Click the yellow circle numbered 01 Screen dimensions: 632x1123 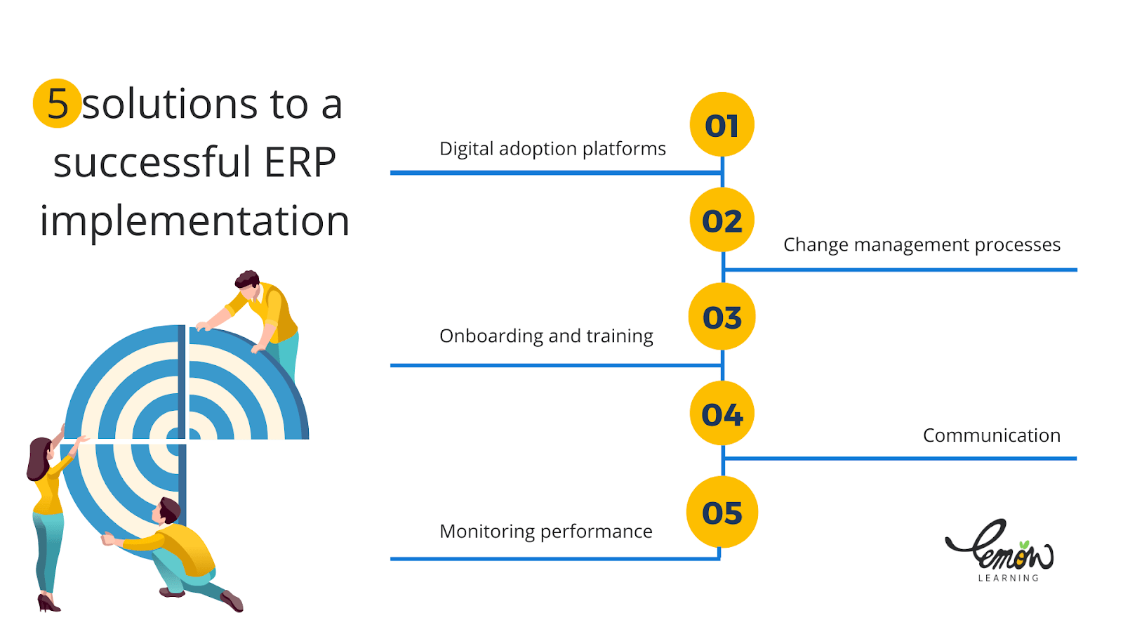[722, 125]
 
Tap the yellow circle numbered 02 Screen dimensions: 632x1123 [722, 220]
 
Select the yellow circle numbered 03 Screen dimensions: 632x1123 [722, 317]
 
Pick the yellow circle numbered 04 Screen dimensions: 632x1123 [722, 414]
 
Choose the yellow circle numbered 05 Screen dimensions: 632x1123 [722, 512]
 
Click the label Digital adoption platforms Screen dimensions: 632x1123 [552, 149]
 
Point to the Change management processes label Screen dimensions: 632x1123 [922, 244]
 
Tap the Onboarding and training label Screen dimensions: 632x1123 [546, 336]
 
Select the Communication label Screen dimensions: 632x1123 [991, 435]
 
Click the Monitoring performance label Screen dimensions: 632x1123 [545, 532]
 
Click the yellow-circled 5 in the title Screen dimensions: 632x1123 [57, 103]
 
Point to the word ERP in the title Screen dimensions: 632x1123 [300, 162]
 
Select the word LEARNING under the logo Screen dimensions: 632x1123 [1008, 578]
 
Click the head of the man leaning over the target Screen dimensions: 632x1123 [247, 280]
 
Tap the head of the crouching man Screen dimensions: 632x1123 [168, 509]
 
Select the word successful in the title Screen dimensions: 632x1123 [152, 162]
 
